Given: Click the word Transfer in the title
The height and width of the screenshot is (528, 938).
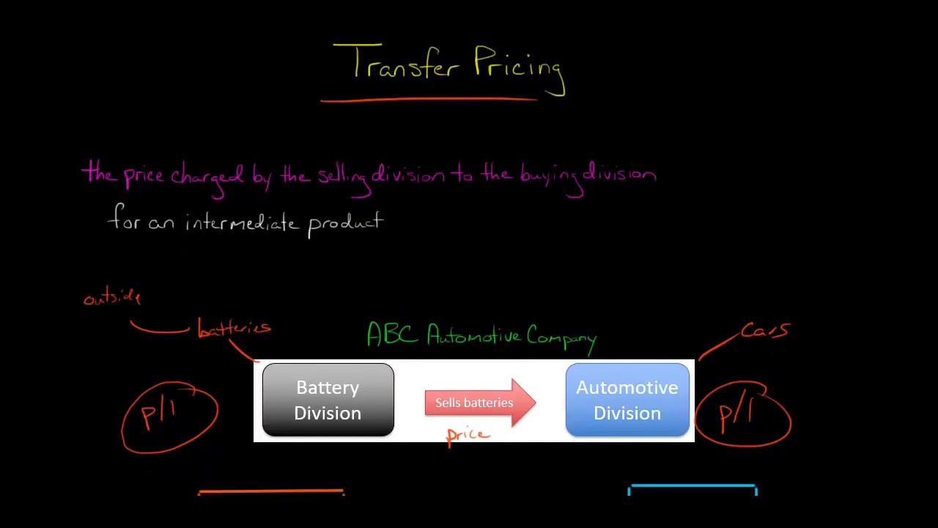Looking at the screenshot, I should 402,64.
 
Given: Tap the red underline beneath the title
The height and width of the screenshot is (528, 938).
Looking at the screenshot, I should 429,99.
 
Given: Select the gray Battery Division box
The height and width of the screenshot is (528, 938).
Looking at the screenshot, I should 328,400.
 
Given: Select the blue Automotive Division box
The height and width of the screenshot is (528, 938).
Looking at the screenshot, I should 627,400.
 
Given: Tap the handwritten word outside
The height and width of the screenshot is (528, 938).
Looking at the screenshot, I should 112,297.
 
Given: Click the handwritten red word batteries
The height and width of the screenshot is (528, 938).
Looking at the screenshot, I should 234,329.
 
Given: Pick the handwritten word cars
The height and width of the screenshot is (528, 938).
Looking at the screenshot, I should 765,331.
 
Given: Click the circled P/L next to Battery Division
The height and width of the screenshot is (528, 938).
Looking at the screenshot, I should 169,416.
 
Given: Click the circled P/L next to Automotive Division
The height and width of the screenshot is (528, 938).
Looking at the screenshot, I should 743,414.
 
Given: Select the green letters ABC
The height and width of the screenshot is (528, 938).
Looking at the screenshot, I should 393,334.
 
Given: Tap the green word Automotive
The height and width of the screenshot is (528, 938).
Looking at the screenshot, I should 473,336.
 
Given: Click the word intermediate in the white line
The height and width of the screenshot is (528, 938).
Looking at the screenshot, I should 241,222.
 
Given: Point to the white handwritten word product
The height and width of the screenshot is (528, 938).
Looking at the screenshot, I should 345,223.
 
